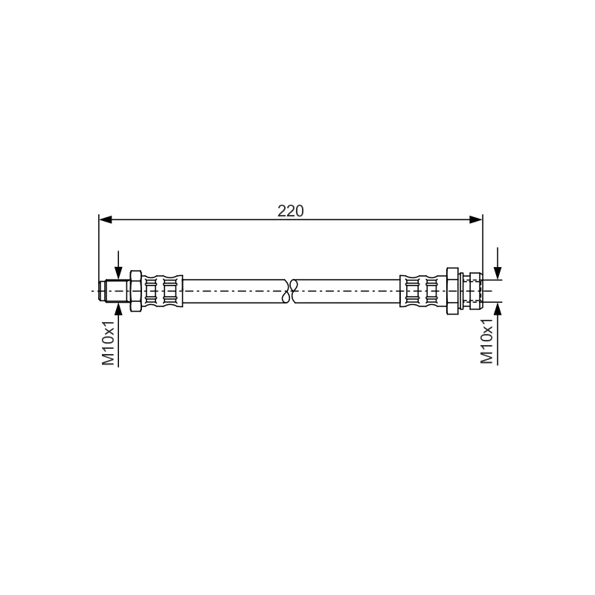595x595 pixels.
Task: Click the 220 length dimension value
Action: (x=290, y=211)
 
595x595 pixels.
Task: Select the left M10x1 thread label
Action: (x=108, y=343)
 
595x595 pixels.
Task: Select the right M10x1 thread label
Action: (x=486, y=341)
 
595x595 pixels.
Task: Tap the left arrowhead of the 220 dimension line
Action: (x=106, y=219)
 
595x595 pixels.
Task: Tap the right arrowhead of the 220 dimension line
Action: (x=476, y=219)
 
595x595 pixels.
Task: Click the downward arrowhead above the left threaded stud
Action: (x=118, y=273)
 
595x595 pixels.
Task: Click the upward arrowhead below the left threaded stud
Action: (x=118, y=309)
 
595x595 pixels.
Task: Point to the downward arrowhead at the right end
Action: (x=498, y=273)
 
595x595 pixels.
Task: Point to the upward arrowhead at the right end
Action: (x=498, y=309)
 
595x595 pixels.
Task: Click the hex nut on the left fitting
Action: (x=135, y=291)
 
